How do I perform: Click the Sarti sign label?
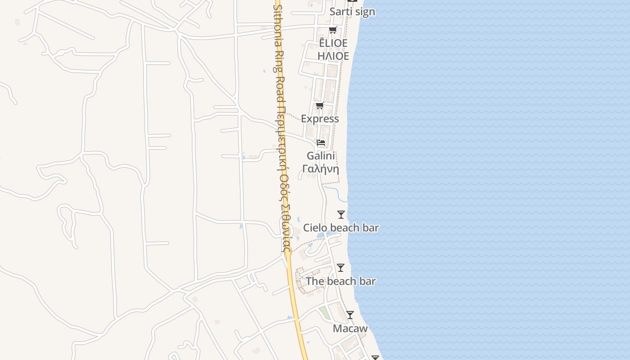point(352,12)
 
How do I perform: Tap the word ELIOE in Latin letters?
point(333,43)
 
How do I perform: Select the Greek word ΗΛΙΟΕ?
point(333,56)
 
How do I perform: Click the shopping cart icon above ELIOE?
point(333,30)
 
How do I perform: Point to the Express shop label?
point(320,119)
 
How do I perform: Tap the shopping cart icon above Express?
point(319,106)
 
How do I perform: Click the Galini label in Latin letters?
point(321,156)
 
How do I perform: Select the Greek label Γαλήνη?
point(320,169)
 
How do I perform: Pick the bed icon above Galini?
point(321,143)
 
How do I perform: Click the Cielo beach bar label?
point(341,228)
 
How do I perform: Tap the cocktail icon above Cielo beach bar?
point(341,215)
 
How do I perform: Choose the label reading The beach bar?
point(341,281)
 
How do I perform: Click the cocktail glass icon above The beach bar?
point(341,268)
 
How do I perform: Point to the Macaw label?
point(350,328)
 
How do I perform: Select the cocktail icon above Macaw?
point(350,315)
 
